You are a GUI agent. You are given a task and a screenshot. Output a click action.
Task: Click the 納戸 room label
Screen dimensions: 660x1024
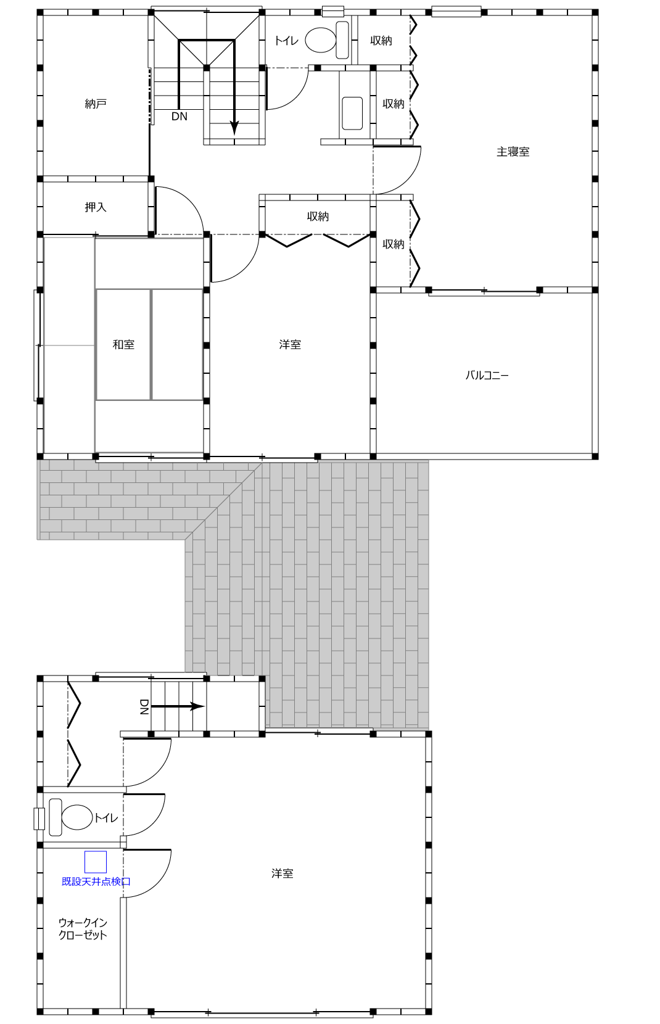coord(96,104)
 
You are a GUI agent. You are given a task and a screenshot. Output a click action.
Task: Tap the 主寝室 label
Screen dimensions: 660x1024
coord(513,152)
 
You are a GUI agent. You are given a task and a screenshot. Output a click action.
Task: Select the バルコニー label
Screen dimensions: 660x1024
coord(487,375)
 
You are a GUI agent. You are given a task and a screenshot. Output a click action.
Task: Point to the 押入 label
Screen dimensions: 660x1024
coord(96,207)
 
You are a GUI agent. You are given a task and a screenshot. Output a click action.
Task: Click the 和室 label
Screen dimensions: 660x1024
coord(123,344)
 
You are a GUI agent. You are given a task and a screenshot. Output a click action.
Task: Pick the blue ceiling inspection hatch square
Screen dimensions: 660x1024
coord(96,862)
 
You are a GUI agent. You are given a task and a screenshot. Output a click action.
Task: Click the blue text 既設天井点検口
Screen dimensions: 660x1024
coord(96,882)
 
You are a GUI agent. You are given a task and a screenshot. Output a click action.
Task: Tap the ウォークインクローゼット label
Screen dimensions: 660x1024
coord(83,928)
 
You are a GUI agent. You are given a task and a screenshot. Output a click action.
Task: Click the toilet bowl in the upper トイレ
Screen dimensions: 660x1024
coord(320,40)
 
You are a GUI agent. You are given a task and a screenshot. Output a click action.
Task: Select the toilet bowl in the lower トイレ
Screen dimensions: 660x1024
coord(76,817)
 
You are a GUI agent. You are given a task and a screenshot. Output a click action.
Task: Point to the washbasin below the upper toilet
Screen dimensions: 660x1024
coord(352,113)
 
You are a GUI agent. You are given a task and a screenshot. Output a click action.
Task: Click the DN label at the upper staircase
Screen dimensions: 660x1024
coord(179,117)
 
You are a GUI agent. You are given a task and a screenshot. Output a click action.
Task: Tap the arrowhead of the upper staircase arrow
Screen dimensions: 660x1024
coord(234,128)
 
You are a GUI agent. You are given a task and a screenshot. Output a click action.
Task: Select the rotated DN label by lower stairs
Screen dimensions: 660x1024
coord(144,707)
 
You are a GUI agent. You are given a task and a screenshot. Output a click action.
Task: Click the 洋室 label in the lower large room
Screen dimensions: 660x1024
coord(282,873)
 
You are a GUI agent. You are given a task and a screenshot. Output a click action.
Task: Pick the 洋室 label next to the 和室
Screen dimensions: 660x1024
coord(290,344)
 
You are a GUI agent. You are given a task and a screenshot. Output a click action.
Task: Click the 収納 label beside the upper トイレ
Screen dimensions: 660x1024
coord(381,41)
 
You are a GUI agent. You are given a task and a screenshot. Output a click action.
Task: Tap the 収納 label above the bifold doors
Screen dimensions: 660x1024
coord(318,217)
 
